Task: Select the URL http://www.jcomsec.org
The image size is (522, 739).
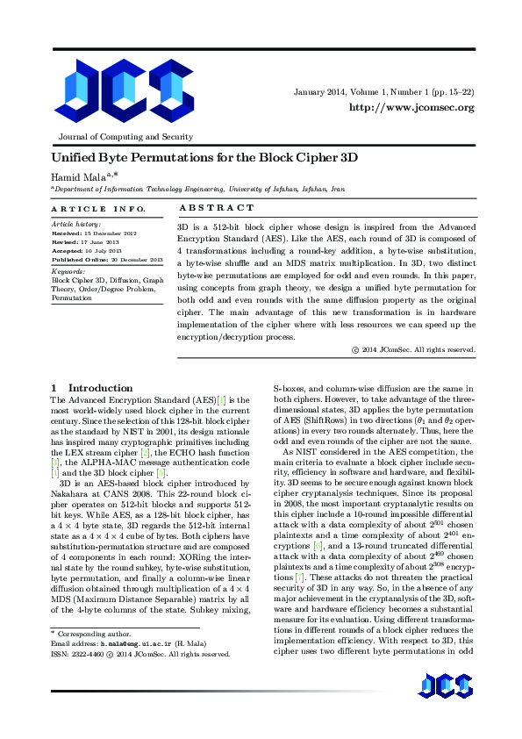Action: (x=411, y=107)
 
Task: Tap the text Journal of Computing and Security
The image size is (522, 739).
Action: (x=125, y=137)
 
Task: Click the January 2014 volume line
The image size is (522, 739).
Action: (x=384, y=92)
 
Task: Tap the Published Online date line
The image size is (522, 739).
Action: (x=108, y=261)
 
